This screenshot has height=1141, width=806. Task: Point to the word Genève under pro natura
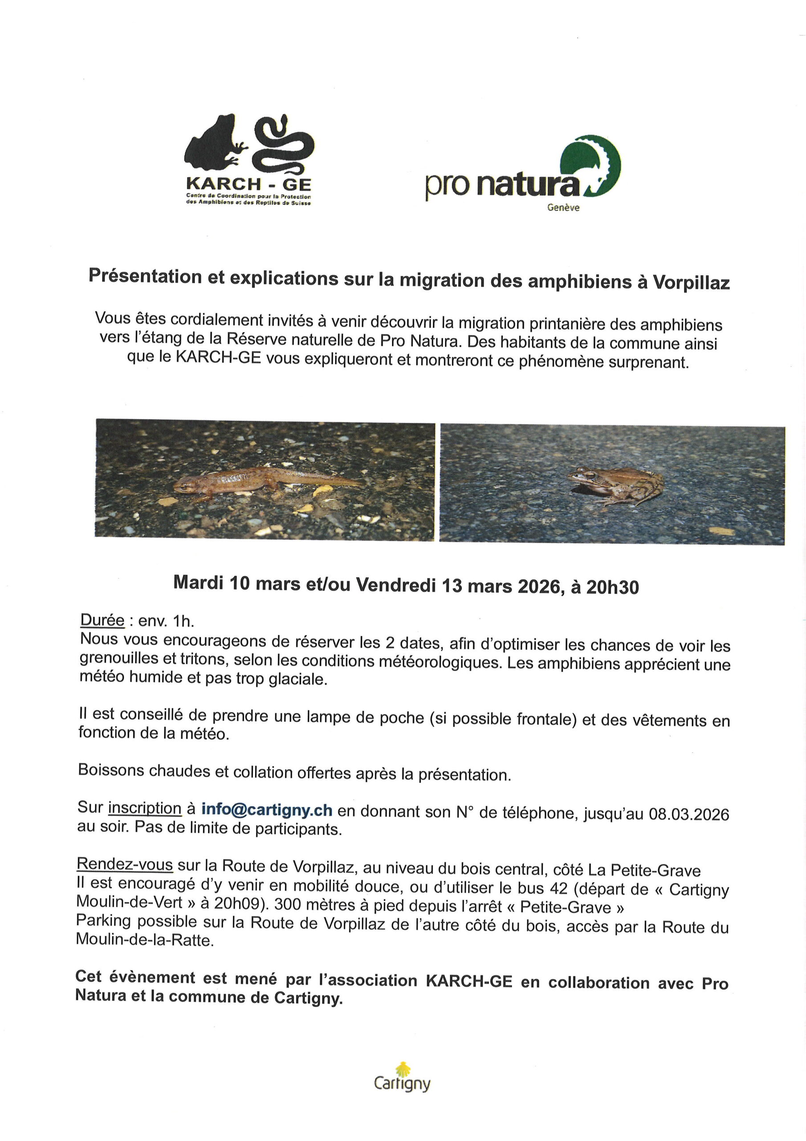(x=563, y=208)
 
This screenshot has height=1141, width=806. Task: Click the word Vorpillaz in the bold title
(x=691, y=282)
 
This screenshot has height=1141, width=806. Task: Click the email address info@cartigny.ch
(x=267, y=810)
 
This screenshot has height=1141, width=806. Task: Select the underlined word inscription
(x=145, y=808)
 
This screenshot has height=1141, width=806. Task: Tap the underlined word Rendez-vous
(x=125, y=865)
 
